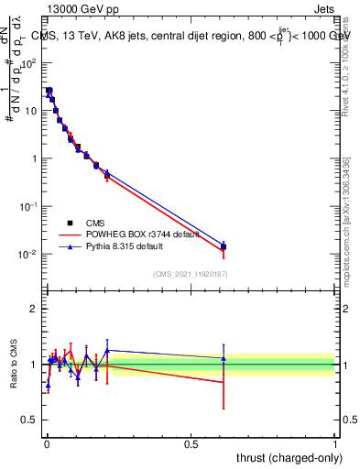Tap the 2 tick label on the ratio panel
point(34,309)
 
